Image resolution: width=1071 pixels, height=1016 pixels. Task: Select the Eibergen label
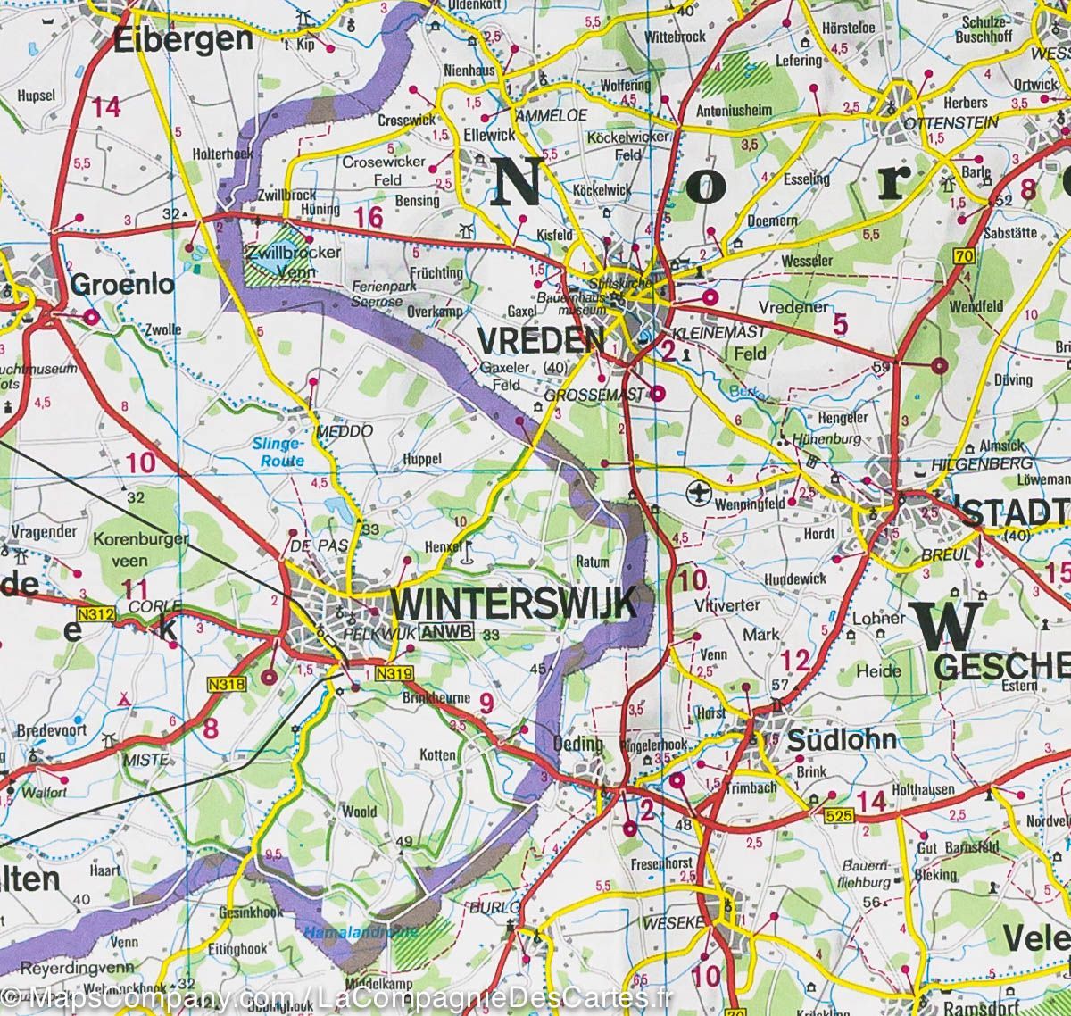click(184, 38)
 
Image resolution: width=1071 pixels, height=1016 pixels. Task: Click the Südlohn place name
click(842, 740)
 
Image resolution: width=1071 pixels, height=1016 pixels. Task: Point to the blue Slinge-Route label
click(278, 453)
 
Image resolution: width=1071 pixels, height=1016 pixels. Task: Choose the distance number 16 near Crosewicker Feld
click(367, 217)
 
